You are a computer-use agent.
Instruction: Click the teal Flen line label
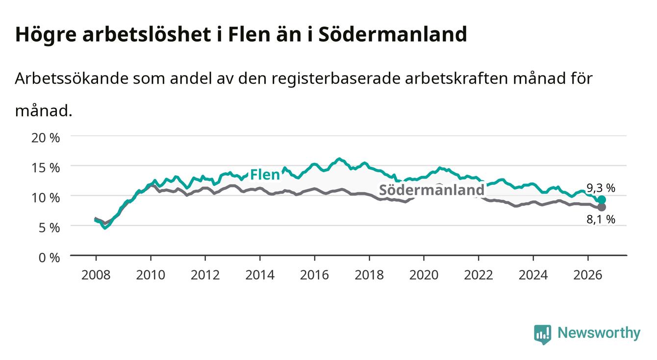265,175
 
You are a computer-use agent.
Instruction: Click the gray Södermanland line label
431,190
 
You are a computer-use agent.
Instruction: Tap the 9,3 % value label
601,188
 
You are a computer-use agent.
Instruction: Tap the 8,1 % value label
601,219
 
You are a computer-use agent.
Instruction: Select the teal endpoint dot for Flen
602,200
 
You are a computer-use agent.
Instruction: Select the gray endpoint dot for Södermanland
602,207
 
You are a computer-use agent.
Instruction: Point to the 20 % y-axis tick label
46,138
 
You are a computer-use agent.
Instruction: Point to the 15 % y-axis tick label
46,168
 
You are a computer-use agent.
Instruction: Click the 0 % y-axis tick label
49,257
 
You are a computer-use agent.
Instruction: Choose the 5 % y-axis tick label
49,228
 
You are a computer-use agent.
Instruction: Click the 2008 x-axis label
96,275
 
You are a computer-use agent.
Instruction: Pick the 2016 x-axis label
314,275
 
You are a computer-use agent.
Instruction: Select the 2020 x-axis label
424,275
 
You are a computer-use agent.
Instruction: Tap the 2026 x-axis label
588,275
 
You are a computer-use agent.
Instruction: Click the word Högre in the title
46,35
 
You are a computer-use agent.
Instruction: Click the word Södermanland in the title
392,34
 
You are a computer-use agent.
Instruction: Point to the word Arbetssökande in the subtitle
72,78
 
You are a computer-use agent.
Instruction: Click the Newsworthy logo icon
542,334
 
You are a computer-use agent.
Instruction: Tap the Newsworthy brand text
599,333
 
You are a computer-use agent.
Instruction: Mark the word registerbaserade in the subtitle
336,79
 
